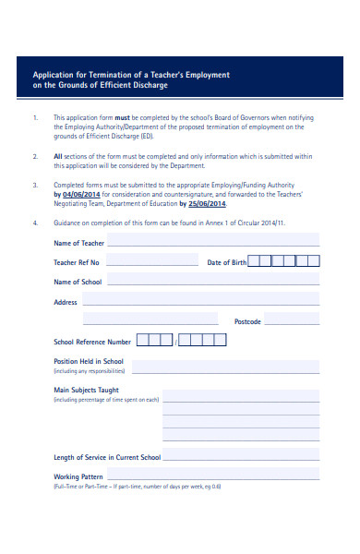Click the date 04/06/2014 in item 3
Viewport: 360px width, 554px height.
[x=80, y=195]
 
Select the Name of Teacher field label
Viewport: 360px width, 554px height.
[x=79, y=243]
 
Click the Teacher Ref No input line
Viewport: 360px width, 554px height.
[x=155, y=264]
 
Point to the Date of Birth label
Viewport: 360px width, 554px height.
[x=227, y=262]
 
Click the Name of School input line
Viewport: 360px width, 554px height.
[x=213, y=283]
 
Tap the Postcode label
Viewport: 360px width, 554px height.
[x=247, y=321]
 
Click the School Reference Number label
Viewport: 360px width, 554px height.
[x=92, y=342]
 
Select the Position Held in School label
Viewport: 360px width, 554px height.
[x=89, y=361]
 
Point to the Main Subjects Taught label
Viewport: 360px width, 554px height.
[x=87, y=391]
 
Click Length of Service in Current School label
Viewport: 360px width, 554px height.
[x=107, y=457]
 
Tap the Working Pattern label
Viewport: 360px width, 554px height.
[x=79, y=476]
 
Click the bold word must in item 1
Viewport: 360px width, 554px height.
[x=121, y=117]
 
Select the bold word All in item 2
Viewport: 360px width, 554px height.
[x=58, y=156]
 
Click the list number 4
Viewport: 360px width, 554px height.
[x=35, y=223]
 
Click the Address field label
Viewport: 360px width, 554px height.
[x=66, y=302]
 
